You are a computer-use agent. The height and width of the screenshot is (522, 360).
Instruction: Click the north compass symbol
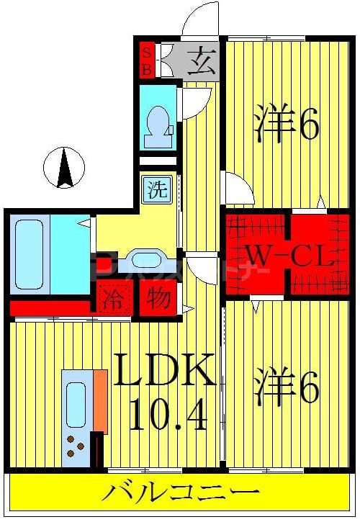(65, 168)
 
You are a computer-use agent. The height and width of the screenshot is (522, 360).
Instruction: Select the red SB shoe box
(146, 60)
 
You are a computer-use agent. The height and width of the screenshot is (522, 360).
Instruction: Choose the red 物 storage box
(158, 297)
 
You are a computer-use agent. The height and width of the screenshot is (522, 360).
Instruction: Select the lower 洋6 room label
(286, 388)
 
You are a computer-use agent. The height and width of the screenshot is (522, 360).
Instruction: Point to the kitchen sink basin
(76, 404)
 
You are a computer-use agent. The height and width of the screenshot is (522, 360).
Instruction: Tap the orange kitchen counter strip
(100, 400)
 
